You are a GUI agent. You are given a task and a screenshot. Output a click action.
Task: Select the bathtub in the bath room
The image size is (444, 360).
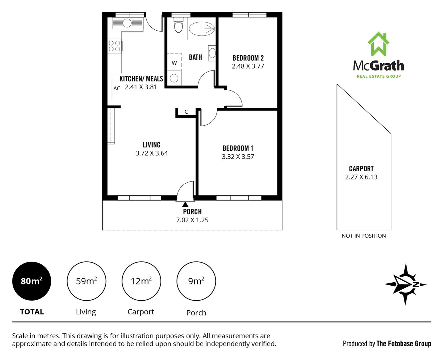tap(202, 29)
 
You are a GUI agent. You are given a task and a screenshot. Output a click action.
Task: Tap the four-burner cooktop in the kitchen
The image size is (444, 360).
tap(115, 46)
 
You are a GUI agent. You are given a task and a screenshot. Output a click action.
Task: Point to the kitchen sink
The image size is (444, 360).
tap(128, 23)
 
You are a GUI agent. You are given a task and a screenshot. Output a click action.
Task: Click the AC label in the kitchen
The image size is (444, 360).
tap(117, 88)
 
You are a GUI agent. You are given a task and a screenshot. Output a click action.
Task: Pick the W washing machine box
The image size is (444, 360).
tap(174, 63)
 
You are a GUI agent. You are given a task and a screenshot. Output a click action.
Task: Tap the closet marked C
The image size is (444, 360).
tap(187, 112)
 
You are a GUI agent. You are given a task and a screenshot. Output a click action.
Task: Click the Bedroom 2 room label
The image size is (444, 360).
tap(248, 58)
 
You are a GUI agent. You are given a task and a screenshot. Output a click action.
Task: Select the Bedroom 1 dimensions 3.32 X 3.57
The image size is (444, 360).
tap(238, 157)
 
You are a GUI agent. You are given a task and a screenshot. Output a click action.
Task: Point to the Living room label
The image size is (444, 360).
tap(152, 145)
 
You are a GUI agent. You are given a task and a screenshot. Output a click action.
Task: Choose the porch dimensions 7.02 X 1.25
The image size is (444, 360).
tap(192, 220)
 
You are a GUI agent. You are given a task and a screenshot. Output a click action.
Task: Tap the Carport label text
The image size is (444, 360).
tap(361, 169)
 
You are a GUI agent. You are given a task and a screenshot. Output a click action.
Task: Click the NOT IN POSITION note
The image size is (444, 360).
tap(364, 236)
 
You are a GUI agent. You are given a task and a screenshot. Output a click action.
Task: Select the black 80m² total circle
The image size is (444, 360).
tap(32, 281)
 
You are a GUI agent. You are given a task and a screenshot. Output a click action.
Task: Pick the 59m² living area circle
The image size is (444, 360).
tap(86, 281)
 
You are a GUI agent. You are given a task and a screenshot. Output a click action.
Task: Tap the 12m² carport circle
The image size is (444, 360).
tap(141, 281)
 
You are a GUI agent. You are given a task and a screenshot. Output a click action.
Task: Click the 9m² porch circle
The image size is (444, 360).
tap(196, 281)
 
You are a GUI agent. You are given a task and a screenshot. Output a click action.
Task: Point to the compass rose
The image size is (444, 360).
tap(405, 284)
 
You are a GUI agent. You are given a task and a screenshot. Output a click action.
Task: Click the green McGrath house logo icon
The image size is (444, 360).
tap(378, 44)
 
